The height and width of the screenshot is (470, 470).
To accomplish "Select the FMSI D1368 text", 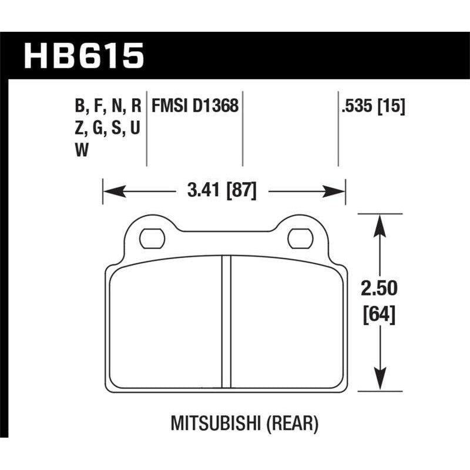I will click(194, 106).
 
